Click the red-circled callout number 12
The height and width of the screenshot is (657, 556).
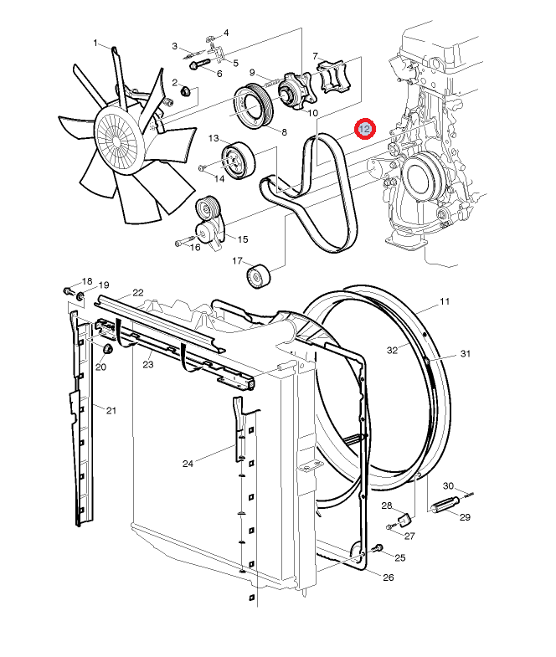[365, 128]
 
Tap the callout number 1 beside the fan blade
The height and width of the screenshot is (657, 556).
[95, 44]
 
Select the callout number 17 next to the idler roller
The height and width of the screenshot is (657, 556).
[237, 261]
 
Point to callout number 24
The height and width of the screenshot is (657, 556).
[188, 464]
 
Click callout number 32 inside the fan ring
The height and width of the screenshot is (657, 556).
[392, 351]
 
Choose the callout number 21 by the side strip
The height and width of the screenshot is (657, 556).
[111, 410]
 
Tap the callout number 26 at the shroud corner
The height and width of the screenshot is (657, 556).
[389, 577]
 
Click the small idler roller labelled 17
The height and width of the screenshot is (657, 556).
[258, 276]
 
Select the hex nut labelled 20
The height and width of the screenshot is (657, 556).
[108, 349]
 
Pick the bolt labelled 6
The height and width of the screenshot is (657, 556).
[199, 64]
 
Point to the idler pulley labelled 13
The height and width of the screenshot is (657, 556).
[238, 161]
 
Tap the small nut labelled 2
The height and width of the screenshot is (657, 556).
[186, 90]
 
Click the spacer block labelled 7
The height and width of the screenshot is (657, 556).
[333, 76]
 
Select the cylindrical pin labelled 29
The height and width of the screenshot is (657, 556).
[445, 505]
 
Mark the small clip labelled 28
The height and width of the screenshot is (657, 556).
[404, 520]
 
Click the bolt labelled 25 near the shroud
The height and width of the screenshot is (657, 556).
[378, 548]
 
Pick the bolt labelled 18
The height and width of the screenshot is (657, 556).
[69, 290]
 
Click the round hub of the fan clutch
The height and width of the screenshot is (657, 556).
[120, 139]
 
